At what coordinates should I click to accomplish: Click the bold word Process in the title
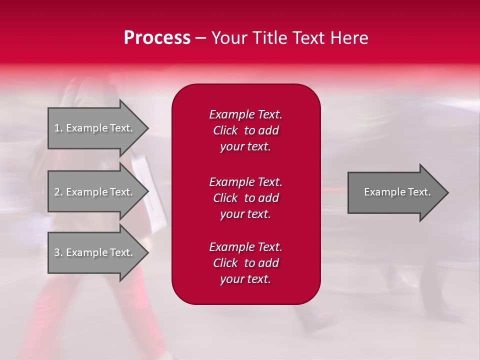(x=157, y=38)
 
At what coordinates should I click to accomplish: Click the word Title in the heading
(x=270, y=38)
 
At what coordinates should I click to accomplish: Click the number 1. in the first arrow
(x=58, y=128)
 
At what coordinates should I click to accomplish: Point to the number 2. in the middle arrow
(x=58, y=192)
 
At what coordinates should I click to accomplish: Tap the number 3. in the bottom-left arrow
(x=58, y=252)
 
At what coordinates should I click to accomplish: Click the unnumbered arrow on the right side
(x=395, y=192)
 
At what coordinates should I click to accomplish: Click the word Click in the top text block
(x=225, y=131)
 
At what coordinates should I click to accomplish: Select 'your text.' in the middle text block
(x=245, y=214)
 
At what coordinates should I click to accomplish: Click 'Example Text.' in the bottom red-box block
(x=245, y=247)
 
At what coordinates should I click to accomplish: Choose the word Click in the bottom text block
(x=225, y=263)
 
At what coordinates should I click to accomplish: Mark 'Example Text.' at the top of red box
(x=245, y=114)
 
